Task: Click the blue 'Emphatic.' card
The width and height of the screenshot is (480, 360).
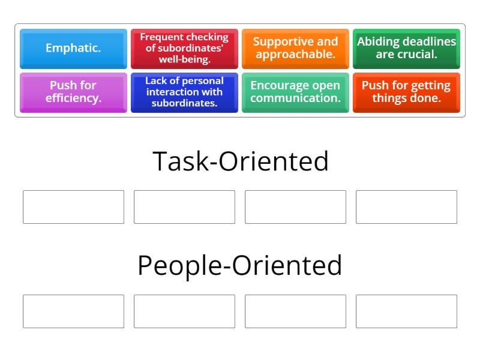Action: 73,49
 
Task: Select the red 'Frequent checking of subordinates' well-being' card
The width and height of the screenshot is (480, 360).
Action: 184,49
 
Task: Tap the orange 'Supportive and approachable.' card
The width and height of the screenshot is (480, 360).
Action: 295,49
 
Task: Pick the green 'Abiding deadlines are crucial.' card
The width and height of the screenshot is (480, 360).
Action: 406,49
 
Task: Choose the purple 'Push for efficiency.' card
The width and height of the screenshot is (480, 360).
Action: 73,92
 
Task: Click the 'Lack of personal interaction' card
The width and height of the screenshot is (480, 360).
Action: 184,92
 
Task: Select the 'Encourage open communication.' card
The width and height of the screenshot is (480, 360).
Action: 295,92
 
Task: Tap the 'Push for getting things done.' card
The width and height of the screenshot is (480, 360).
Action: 406,92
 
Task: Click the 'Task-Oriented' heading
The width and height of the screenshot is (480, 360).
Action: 241,161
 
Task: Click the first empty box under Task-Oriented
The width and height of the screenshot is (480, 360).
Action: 73,207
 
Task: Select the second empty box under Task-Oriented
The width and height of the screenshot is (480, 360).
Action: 184,207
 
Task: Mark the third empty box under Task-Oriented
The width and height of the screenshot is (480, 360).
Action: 295,207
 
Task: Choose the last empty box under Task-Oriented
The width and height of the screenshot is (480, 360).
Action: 406,207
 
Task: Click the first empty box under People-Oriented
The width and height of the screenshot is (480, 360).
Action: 73,311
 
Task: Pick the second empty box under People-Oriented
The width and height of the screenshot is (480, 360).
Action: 184,311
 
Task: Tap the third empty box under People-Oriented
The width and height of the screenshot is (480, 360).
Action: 295,311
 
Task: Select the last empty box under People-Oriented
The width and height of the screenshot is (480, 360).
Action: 406,311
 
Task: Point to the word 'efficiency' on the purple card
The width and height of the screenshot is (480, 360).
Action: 73,98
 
